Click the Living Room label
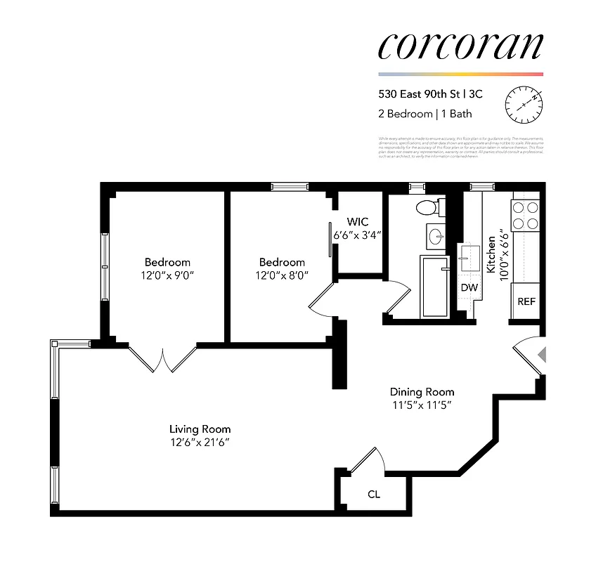[200, 429]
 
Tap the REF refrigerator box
[526, 301]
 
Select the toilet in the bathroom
[426, 208]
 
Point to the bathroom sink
[435, 236]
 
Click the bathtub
[435, 287]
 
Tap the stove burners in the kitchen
[524, 216]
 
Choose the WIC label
[357, 222]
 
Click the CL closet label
[374, 494]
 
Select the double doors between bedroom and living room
[163, 359]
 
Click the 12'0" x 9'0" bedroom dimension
[167, 275]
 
